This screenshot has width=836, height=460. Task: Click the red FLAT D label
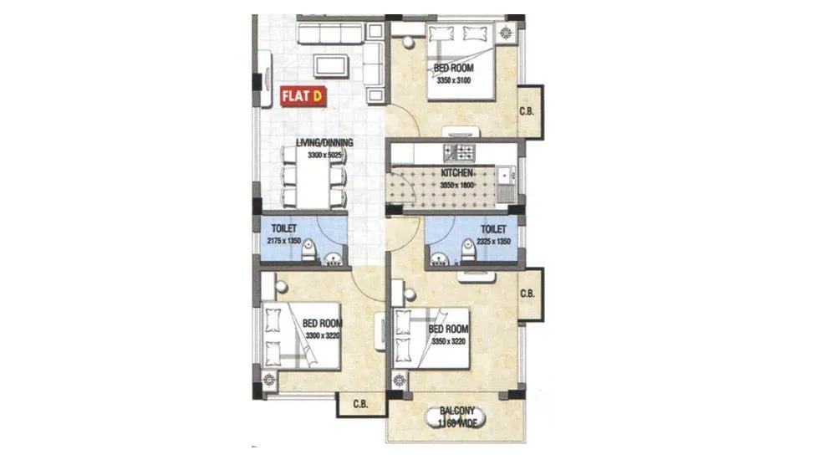pyautogui.click(x=303, y=96)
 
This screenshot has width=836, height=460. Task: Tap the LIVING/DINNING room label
pyautogui.click(x=324, y=143)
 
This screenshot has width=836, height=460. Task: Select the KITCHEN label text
pyautogui.click(x=457, y=173)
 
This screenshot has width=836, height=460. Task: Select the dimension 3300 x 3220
pyautogui.click(x=320, y=335)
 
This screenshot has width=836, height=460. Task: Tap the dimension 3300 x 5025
pyautogui.click(x=325, y=155)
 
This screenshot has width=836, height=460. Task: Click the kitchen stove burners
pyautogui.click(x=459, y=152)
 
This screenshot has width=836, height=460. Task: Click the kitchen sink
pyautogui.click(x=507, y=176)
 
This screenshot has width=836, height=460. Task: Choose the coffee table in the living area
pyautogui.click(x=331, y=65)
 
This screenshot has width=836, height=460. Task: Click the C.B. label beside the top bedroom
pyautogui.click(x=527, y=112)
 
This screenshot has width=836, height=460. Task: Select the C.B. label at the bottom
pyautogui.click(x=361, y=404)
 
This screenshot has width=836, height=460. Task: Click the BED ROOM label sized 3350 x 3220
pyautogui.click(x=447, y=330)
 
